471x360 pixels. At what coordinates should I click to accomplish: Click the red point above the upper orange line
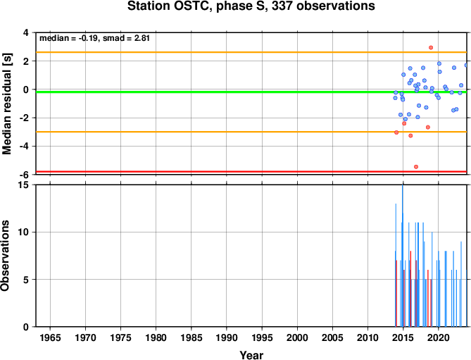pyautogui.click(x=431, y=47)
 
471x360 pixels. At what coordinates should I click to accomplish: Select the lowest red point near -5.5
pyautogui.click(x=416, y=167)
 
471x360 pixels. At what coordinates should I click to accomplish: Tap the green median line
pyautogui.click(x=251, y=92)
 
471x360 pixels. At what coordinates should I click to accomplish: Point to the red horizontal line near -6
pyautogui.click(x=251, y=172)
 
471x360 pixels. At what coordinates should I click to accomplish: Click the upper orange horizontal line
pyautogui.click(x=251, y=52)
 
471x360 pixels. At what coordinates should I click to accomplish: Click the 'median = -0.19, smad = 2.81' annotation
pyautogui.click(x=94, y=38)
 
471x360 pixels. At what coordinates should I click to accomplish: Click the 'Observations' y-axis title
pyautogui.click(x=5, y=256)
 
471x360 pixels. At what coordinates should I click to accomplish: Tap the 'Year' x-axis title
pyautogui.click(x=251, y=355)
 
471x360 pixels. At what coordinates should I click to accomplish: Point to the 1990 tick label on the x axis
pyautogui.click(x=227, y=337)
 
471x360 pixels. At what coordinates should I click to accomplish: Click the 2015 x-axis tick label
pyautogui.click(x=403, y=337)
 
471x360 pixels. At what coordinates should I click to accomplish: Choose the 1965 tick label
pyautogui.click(x=50, y=337)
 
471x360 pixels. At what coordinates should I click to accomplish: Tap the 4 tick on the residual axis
pyautogui.click(x=29, y=32)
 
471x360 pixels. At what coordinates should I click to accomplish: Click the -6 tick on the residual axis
pyautogui.click(x=27, y=175)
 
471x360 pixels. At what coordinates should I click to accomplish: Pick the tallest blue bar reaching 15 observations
pyautogui.click(x=403, y=256)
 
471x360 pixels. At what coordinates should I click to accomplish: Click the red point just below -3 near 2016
pyautogui.click(x=410, y=136)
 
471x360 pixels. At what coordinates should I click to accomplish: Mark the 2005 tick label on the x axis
pyautogui.click(x=332, y=337)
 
